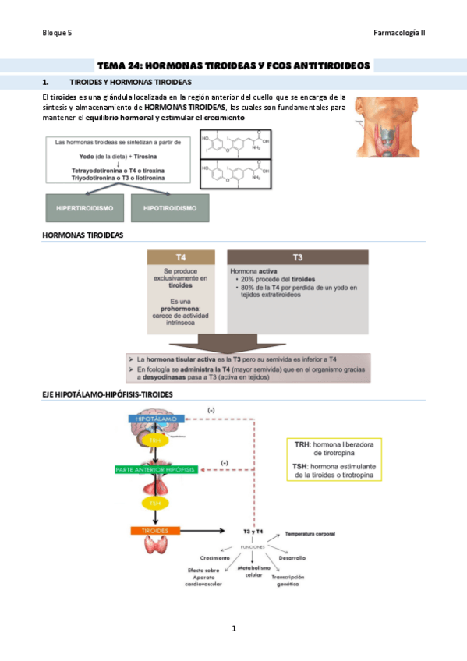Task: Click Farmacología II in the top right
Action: point(400,33)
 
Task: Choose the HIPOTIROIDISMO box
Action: point(170,208)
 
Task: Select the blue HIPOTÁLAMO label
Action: point(156,419)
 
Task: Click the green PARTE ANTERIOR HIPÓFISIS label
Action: point(155,469)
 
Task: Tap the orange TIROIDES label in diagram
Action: point(155,531)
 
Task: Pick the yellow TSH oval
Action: point(156,504)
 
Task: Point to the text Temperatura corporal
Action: point(310,534)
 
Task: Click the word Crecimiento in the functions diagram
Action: point(214,558)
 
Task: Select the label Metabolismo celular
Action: point(254,572)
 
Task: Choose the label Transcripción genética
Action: point(288,581)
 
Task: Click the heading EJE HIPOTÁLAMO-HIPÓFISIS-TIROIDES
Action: point(108,394)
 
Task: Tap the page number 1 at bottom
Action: point(233,628)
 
